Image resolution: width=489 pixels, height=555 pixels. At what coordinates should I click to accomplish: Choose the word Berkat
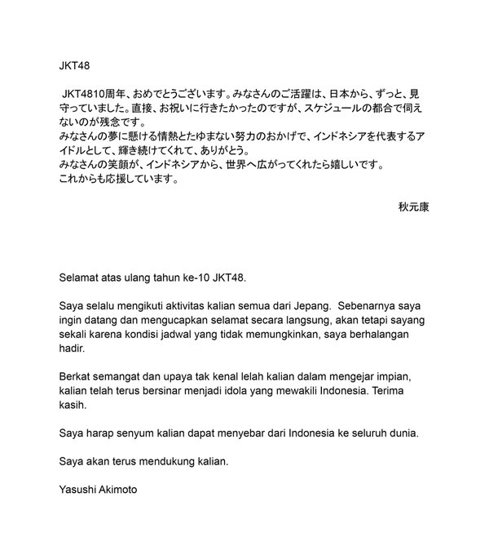click(x=77, y=376)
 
